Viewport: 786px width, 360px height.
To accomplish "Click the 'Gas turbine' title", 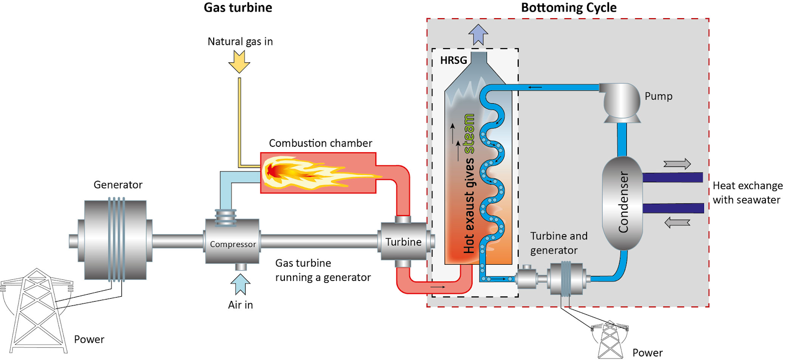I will coord(238,8).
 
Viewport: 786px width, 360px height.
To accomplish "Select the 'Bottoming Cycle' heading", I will coord(568,8).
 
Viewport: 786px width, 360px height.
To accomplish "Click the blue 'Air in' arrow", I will coord(240,284).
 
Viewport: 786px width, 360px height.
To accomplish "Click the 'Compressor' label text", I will coord(233,244).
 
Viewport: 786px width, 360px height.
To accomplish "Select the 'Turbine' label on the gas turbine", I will coord(403,242).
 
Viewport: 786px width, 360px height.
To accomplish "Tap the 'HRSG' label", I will coord(453,60).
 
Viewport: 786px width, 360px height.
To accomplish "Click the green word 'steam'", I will coord(469,134).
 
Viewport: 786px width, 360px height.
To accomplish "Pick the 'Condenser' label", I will coord(623,202).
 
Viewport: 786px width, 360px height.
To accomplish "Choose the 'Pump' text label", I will coord(658,96).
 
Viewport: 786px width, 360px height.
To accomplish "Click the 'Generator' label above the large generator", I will coord(118,185).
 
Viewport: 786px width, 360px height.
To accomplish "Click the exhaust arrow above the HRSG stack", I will coord(478,35).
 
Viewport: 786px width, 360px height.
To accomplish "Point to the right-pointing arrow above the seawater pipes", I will coord(677,164).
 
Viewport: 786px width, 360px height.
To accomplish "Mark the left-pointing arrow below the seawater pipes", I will coord(677,222).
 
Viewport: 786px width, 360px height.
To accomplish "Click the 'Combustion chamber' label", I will coord(320,143).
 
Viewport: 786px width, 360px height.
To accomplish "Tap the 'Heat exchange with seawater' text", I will coord(747,193).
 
